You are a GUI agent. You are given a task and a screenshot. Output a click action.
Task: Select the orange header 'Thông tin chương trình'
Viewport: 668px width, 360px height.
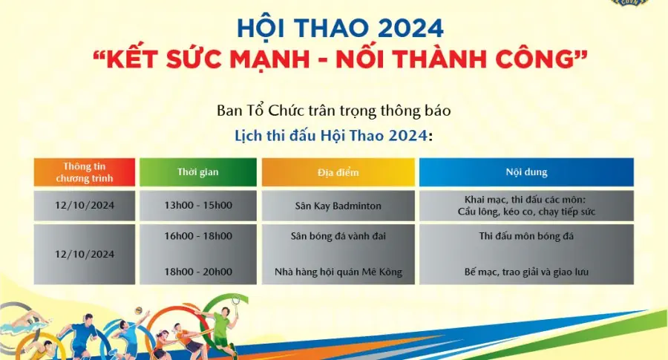click(x=84, y=172)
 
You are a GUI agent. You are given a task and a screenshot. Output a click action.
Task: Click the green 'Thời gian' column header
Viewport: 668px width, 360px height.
click(x=197, y=172)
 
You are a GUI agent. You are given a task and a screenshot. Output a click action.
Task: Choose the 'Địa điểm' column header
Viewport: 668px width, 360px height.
click(x=338, y=172)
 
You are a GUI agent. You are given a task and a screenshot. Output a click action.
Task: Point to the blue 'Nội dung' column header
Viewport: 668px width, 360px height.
click(x=526, y=172)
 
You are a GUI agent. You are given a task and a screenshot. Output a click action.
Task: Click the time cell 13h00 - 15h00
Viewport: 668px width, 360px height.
click(x=197, y=206)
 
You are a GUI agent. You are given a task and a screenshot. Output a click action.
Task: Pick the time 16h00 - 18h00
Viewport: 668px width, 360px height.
click(x=197, y=236)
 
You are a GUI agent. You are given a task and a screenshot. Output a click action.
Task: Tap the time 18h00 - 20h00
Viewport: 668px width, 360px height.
click(x=197, y=272)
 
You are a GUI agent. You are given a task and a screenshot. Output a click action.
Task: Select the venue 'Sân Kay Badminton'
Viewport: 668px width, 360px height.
click(x=338, y=206)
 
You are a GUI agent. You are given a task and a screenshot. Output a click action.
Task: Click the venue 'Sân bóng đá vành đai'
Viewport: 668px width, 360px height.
click(x=338, y=236)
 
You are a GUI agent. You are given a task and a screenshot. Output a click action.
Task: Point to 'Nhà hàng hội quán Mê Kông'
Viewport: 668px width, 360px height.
click(x=338, y=272)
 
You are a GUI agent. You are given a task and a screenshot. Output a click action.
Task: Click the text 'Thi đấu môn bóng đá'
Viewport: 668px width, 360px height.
click(x=526, y=236)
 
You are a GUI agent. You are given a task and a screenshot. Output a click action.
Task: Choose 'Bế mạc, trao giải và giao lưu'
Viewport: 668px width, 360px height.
click(x=526, y=272)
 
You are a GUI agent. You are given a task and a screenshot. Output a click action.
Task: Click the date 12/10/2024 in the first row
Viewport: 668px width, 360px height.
click(x=84, y=206)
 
